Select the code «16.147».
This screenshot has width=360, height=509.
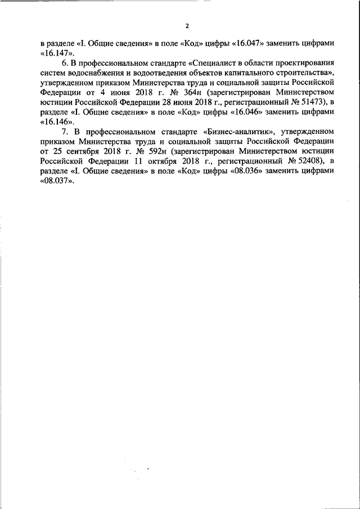(x=54, y=53)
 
